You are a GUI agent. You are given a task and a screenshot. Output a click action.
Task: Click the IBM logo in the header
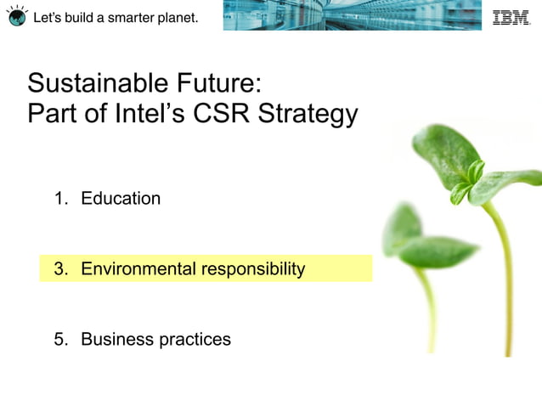511,17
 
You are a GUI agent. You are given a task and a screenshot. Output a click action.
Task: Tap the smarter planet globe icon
17,16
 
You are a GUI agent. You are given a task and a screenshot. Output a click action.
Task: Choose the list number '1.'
61,199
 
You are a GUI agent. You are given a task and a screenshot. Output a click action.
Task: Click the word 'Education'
121,199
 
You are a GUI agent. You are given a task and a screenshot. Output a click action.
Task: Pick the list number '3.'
61,269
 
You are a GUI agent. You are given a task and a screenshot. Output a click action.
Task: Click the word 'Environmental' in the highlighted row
138,269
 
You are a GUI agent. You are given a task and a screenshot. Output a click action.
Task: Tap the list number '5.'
61,340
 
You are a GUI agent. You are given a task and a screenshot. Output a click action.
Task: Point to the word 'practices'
195,340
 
